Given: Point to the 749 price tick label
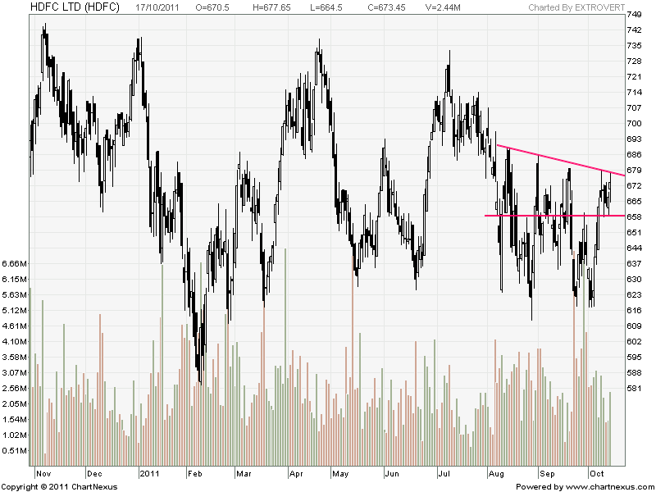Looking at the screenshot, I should (x=634, y=15).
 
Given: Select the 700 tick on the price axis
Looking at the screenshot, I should (x=634, y=123).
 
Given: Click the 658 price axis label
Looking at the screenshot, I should (x=634, y=216).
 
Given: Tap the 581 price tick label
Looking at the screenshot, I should (x=634, y=388).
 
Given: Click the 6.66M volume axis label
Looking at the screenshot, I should (x=16, y=264).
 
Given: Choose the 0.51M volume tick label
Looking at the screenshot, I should (x=16, y=451).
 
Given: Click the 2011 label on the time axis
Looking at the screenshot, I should (x=149, y=474).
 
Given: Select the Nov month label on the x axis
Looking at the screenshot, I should (x=44, y=474).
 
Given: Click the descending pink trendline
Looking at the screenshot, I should (x=558, y=160).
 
